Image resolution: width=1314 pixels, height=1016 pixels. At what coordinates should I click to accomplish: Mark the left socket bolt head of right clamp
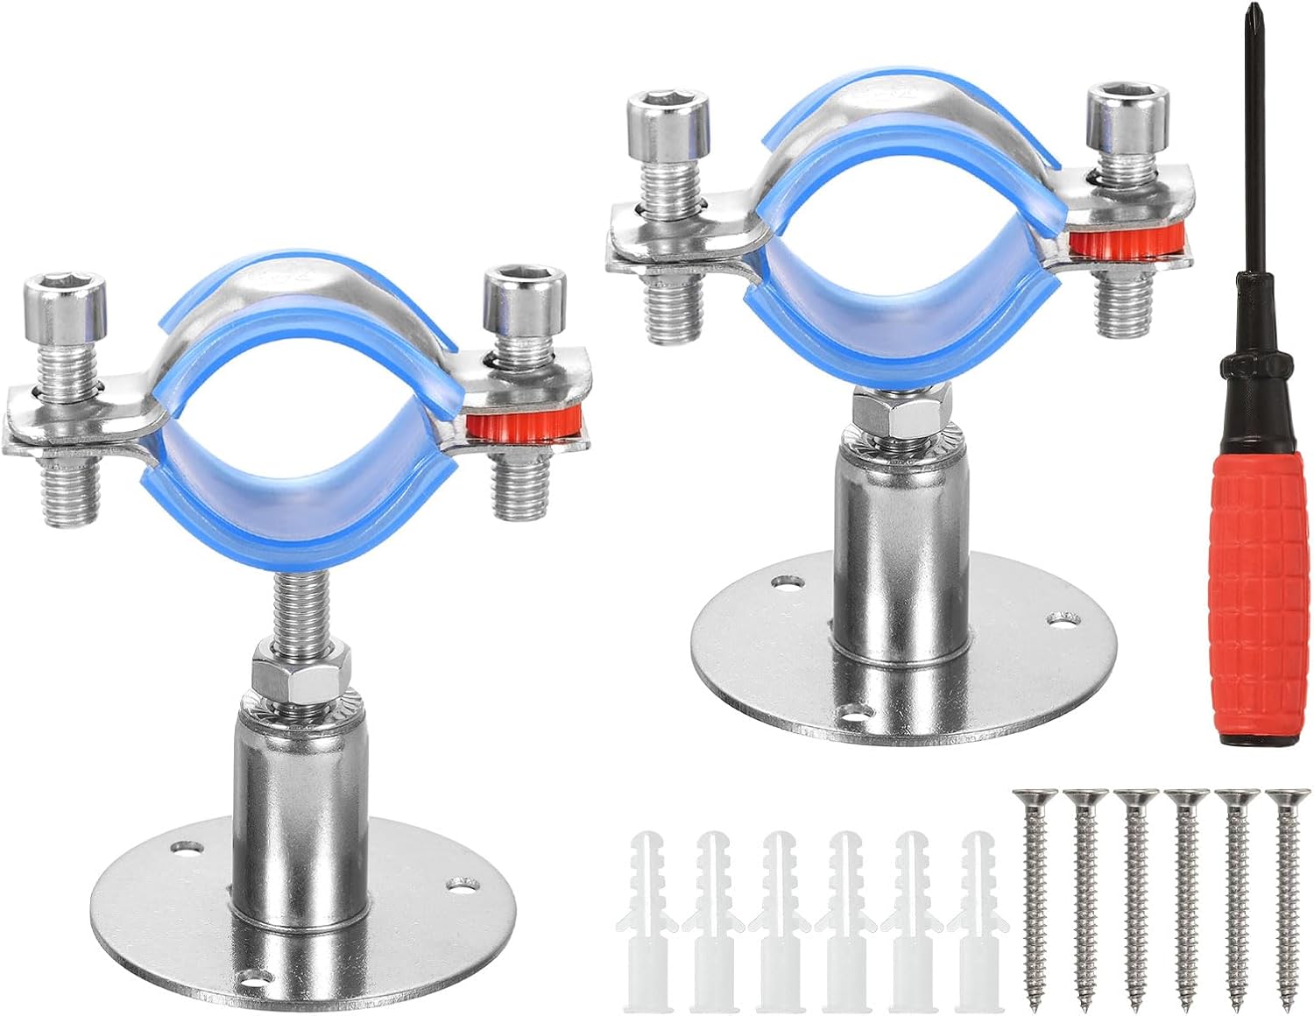pyautogui.click(x=668, y=125)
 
